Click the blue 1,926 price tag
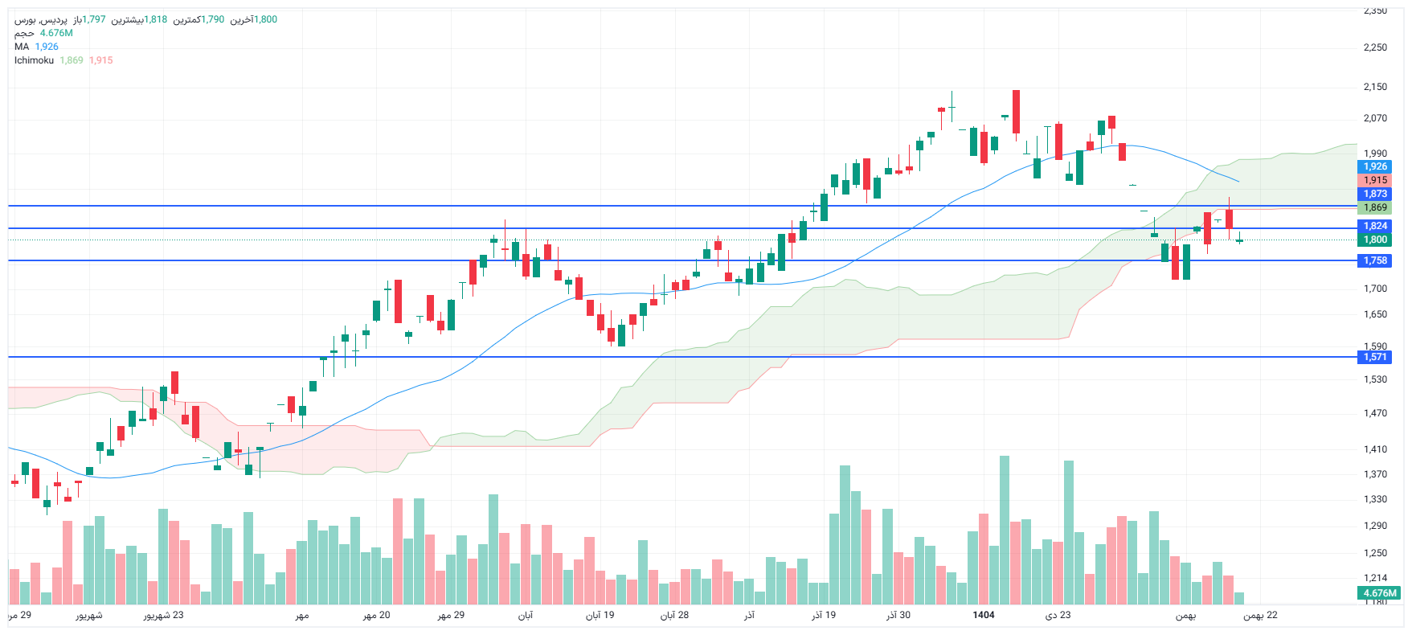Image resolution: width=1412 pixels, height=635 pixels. click(x=1375, y=166)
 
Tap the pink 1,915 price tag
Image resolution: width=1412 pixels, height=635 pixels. click(x=1375, y=180)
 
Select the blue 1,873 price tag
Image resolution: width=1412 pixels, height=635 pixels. click(x=1375, y=194)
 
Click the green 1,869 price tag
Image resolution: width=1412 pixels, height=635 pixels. click(x=1375, y=207)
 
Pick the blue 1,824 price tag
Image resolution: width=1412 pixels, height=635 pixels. click(x=1375, y=226)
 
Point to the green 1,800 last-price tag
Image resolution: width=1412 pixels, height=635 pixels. click(x=1375, y=240)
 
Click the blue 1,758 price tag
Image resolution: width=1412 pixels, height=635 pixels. click(x=1375, y=260)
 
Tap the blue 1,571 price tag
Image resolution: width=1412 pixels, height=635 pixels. click(x=1375, y=357)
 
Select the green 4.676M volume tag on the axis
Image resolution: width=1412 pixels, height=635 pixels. click(x=1380, y=593)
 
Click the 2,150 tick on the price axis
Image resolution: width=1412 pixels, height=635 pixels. click(x=1375, y=87)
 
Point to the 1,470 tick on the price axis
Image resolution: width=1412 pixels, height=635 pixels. click(x=1375, y=413)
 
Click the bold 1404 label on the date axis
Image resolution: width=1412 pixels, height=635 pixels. click(x=983, y=615)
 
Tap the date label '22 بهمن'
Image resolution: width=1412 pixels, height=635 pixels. click(x=1260, y=615)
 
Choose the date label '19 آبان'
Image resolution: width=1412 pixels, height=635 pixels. click(x=600, y=615)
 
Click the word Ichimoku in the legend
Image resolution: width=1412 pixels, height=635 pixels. click(x=34, y=60)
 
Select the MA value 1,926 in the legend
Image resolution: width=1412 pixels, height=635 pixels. click(x=47, y=47)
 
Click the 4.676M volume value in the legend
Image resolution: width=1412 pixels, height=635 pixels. click(x=56, y=33)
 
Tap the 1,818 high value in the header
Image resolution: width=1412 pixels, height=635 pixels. click(x=156, y=19)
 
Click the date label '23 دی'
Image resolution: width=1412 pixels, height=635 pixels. click(x=1058, y=615)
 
